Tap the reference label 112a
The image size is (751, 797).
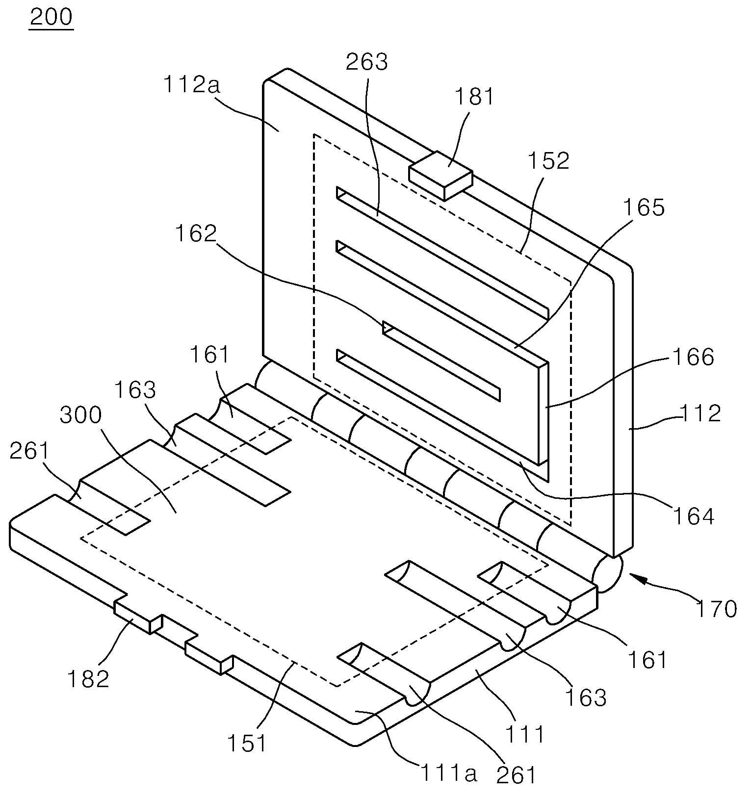coord(192,85)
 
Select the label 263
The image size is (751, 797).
coord(366,62)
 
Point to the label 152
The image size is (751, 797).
coord(548,161)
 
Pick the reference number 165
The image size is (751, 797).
coord(644,208)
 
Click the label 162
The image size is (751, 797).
coord(195,234)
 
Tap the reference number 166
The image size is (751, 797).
coord(693,358)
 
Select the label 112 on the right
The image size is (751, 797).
coord(700,414)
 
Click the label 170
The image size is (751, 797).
coord(716,609)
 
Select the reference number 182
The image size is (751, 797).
coord(88,679)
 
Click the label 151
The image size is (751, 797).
coord(247,744)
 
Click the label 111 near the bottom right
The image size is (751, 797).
coord(525,734)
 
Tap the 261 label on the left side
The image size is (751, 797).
coord(30,451)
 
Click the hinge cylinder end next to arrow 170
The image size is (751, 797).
coord(607,573)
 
